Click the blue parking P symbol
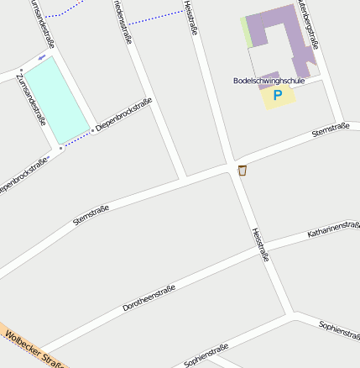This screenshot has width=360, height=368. coord(278,96)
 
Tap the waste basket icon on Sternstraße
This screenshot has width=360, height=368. coord(243,171)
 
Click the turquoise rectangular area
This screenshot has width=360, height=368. coord(56,99)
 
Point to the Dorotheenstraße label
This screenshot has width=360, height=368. coord(149,298)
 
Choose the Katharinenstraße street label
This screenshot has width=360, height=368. coord(333,229)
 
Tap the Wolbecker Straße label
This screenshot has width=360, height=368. coord(34,350)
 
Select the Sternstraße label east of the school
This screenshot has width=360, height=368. coord(330,130)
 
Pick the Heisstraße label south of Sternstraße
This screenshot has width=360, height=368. coord(260,244)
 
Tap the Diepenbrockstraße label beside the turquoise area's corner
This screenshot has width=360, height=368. coord(123,114)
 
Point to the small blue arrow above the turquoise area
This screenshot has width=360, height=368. coord(42,57)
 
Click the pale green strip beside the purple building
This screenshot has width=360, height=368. coord(246,32)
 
